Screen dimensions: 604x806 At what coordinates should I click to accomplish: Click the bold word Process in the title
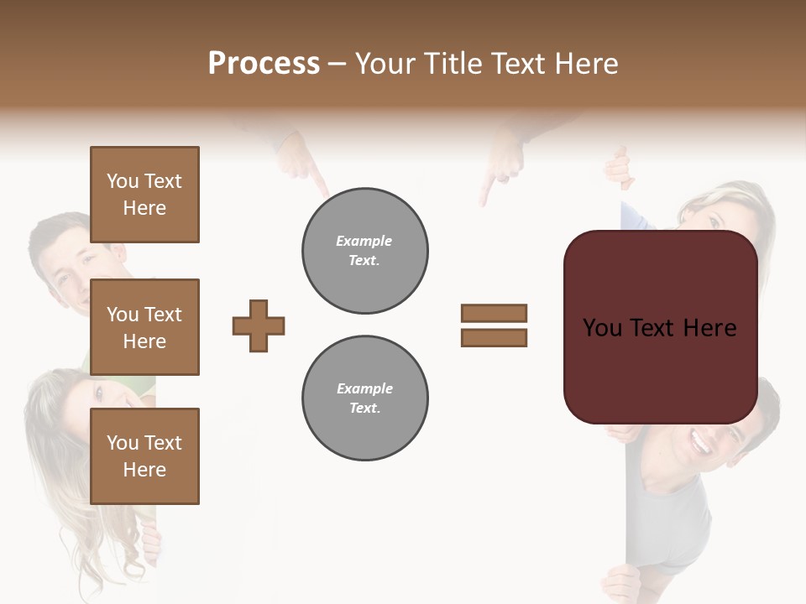[264, 64]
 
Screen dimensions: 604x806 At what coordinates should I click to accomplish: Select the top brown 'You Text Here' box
[144, 195]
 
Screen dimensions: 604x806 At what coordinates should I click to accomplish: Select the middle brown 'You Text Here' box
[144, 327]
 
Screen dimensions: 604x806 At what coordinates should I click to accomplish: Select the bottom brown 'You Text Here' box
[144, 456]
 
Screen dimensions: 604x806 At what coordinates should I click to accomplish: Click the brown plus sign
[259, 325]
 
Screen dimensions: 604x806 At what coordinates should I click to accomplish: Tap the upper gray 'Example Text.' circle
[365, 251]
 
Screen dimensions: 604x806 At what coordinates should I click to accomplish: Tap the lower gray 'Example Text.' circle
[365, 398]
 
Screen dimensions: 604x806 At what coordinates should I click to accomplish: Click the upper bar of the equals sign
[494, 313]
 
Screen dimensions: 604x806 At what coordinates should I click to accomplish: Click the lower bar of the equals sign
[494, 337]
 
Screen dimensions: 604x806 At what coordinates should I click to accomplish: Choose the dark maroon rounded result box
[660, 369]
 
